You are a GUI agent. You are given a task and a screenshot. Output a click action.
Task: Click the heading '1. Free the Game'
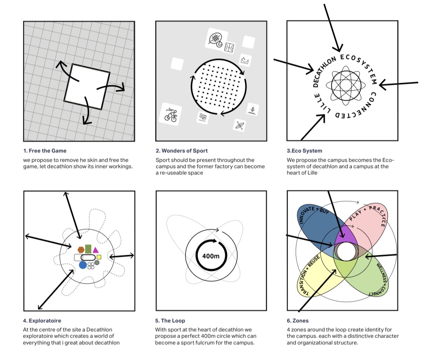point(45,151)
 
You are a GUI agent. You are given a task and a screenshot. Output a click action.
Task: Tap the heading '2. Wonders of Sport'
point(182,151)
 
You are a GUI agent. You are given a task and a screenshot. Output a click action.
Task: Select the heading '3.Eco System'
point(304,151)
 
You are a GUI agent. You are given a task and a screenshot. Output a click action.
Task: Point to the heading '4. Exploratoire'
point(42,320)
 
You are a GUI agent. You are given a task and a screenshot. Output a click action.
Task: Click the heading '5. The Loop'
point(170,320)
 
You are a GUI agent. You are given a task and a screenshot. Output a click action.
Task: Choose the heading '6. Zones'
point(298,320)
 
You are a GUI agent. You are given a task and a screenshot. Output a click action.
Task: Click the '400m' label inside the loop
point(211,256)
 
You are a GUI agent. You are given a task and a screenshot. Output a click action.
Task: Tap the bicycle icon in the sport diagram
point(171,115)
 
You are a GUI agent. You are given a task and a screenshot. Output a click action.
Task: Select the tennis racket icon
point(216,40)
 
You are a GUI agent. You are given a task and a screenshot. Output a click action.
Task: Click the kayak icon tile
point(240,125)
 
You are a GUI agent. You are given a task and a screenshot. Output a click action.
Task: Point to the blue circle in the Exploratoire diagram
point(83,265)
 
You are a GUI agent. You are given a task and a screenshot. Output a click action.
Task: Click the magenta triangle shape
point(95,250)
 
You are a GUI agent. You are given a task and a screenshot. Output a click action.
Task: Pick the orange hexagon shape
point(81,250)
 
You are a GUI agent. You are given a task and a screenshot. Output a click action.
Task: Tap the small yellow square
point(99,257)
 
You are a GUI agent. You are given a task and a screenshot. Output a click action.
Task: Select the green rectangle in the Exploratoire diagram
point(88,249)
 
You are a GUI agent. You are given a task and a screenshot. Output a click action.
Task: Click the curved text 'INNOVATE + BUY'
point(311,214)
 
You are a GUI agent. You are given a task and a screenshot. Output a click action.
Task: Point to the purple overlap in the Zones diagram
point(344,236)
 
